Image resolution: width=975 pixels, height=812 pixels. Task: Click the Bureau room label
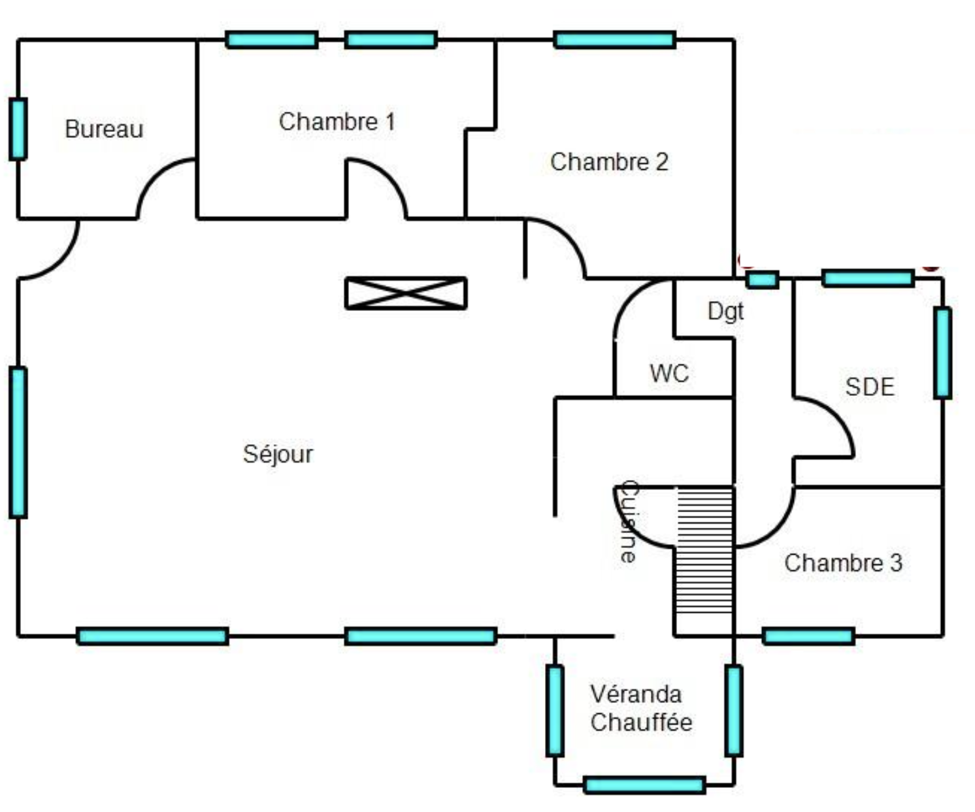tap(104, 129)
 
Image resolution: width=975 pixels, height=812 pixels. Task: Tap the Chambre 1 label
tap(337, 122)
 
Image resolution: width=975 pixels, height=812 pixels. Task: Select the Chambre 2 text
tap(609, 162)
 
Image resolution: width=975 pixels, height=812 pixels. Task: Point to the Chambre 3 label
tap(843, 562)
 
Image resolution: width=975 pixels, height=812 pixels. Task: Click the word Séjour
tap(278, 453)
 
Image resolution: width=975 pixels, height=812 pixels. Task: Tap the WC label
tap(669, 374)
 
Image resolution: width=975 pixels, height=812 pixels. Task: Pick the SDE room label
tap(869, 387)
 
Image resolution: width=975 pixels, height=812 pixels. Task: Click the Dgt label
tap(725, 311)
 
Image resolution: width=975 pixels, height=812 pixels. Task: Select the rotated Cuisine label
tap(629, 521)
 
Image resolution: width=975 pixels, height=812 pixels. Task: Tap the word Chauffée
tap(641, 723)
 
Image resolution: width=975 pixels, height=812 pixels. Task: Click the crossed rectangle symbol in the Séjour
tap(406, 293)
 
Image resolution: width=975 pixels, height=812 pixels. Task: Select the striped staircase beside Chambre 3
tap(704, 559)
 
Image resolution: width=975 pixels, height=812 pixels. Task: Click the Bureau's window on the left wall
tap(18, 129)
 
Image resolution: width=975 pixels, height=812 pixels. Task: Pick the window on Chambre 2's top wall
tap(614, 40)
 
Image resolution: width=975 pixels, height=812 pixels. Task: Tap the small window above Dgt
tap(763, 280)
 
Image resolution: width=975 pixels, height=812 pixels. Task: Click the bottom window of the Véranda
tap(644, 785)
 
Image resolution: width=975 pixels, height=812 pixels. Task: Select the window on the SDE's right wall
tap(942, 353)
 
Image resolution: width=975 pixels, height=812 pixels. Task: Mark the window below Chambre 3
tap(808, 636)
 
